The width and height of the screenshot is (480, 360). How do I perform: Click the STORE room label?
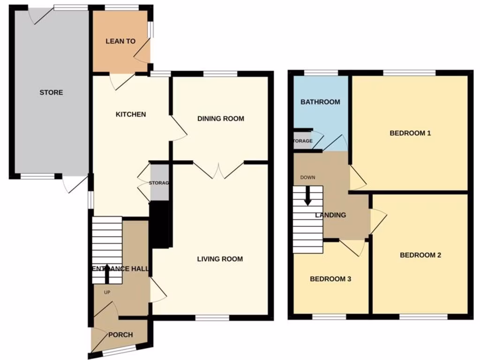click(51, 92)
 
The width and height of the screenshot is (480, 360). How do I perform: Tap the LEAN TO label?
click(120, 41)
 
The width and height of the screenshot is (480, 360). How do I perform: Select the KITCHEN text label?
click(131, 114)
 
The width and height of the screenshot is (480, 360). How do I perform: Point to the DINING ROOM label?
click(220, 119)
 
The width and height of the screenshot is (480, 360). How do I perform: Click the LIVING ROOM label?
click(220, 259)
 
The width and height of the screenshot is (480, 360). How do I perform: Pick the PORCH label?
click(120, 335)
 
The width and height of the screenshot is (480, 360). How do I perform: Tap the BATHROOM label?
click(320, 102)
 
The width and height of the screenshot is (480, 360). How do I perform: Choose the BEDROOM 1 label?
click(410, 133)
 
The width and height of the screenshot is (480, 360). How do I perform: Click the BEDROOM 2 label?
click(420, 255)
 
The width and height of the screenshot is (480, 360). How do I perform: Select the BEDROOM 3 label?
click(330, 279)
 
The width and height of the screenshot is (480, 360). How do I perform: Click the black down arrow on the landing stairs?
click(307, 196)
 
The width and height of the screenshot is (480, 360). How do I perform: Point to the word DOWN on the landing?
click(308, 178)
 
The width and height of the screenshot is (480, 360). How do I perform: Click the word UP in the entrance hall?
click(107, 292)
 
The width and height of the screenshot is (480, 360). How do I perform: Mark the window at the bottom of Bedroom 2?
click(423, 317)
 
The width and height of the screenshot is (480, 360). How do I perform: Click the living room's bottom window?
click(212, 318)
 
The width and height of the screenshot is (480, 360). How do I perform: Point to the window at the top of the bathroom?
click(321, 73)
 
